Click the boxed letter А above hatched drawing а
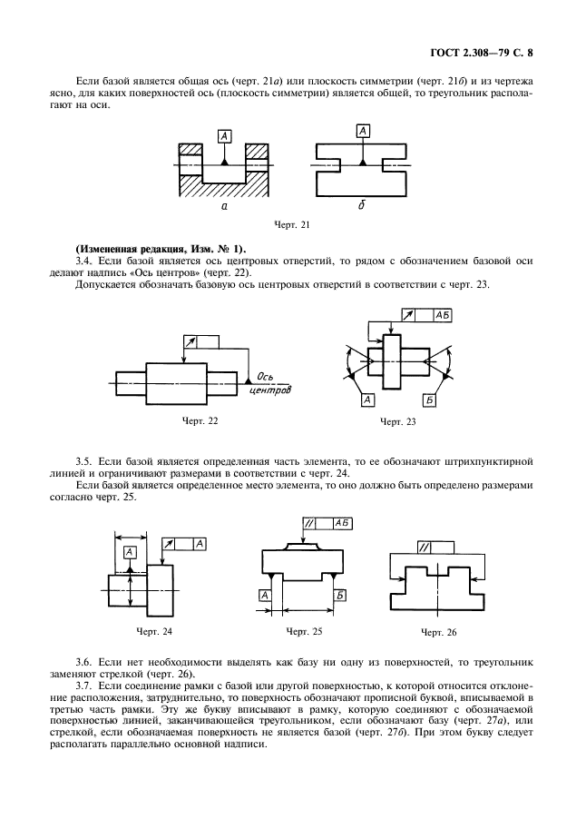point(224,136)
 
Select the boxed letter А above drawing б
point(363,132)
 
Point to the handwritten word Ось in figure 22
point(265,376)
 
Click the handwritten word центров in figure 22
point(269,391)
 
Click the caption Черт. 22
point(200,420)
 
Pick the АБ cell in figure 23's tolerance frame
point(443,314)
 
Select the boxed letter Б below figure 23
point(429,400)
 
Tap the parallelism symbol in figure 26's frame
point(423,547)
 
